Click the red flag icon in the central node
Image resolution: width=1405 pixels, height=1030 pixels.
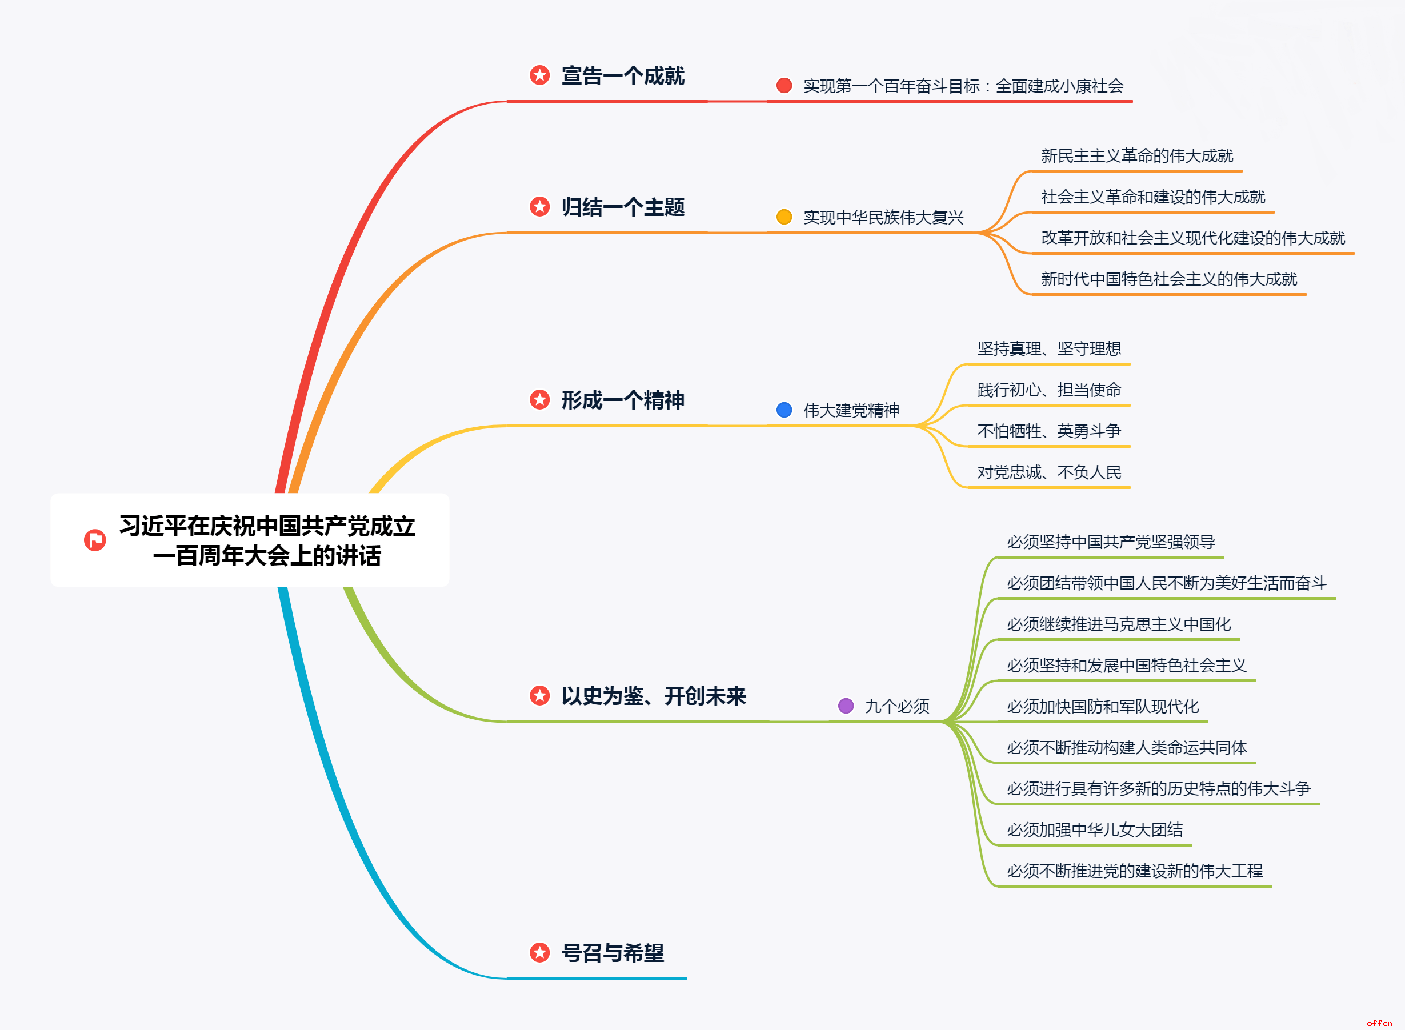click(x=95, y=540)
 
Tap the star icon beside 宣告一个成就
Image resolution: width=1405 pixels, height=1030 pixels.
click(x=539, y=75)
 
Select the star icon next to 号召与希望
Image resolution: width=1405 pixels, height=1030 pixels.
click(x=539, y=952)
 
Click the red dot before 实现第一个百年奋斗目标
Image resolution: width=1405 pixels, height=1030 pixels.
click(x=784, y=86)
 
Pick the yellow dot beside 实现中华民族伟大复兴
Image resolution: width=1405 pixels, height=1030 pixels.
click(x=784, y=217)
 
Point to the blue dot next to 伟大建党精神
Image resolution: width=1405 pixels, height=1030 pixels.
click(x=784, y=410)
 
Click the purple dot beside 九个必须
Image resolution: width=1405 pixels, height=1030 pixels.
click(x=846, y=706)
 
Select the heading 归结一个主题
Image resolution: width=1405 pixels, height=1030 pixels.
click(x=622, y=207)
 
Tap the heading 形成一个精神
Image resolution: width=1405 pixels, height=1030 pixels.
click(x=622, y=400)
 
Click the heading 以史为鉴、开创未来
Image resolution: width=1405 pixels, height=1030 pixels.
click(x=653, y=696)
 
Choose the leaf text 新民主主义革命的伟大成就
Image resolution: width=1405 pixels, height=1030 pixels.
click(x=1137, y=156)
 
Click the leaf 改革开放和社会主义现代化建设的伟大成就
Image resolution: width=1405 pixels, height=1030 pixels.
click(x=1192, y=238)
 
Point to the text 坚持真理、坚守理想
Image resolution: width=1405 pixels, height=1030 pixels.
click(x=1049, y=348)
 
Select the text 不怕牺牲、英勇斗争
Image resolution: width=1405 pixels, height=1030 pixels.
click(x=1049, y=431)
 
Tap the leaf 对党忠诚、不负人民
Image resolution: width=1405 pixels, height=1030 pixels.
click(x=1049, y=472)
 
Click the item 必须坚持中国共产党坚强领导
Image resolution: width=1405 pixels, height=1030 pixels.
click(x=1111, y=542)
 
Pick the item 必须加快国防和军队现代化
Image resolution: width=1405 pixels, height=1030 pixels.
click(x=1103, y=707)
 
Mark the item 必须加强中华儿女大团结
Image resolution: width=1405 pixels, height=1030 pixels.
click(x=1094, y=830)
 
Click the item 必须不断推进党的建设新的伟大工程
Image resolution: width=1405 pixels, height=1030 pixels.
click(x=1134, y=871)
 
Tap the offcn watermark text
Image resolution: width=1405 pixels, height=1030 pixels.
click(x=1379, y=1023)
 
